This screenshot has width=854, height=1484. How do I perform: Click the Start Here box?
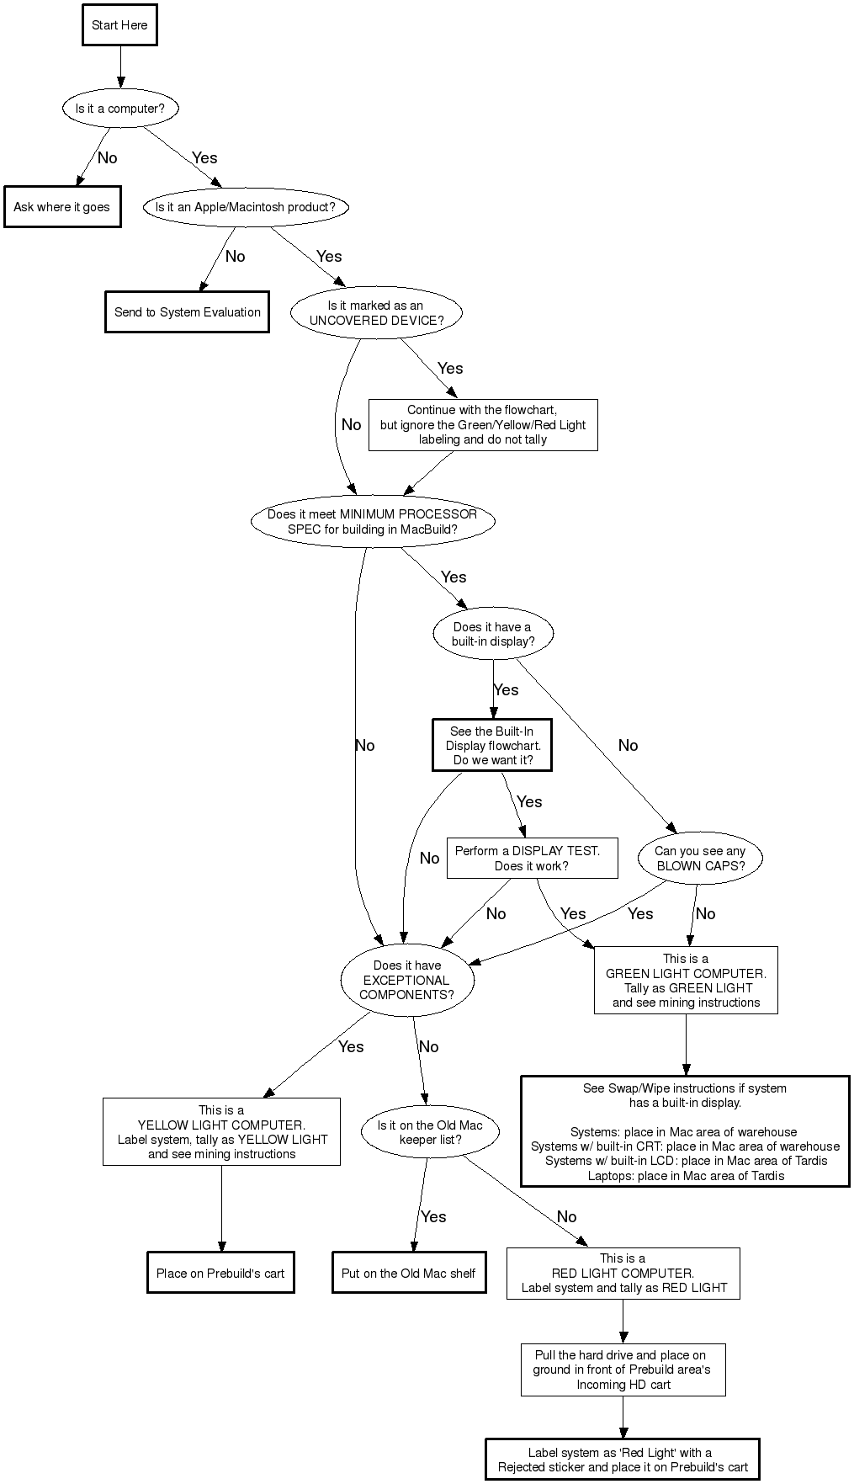119,25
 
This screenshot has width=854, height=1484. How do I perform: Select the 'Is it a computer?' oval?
120,109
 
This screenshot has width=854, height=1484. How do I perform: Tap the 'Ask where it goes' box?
61,207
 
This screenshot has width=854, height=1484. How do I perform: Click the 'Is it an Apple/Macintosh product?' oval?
245,207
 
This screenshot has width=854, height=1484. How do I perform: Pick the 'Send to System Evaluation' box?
187,312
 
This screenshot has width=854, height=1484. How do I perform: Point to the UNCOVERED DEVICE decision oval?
376,313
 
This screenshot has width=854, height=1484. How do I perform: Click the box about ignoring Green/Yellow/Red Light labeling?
482,425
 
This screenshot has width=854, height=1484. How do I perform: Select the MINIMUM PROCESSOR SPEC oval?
372,522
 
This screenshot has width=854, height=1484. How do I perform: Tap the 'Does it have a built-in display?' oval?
492,634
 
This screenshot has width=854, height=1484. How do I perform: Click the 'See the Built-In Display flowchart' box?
492,745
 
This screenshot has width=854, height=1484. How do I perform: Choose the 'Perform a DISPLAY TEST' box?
532,859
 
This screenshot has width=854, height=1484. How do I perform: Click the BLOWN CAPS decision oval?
700,859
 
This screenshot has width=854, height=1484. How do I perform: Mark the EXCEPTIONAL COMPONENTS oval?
406,980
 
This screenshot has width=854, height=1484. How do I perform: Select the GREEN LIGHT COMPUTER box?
686,981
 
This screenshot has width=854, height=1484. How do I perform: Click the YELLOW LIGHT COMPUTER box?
221,1132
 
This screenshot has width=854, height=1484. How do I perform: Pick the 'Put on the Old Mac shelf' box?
409,1274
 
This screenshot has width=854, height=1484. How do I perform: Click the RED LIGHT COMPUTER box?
623,1274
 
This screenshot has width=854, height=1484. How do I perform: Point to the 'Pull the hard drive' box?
623,1370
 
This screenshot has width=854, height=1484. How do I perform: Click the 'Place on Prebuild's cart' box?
220,1274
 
